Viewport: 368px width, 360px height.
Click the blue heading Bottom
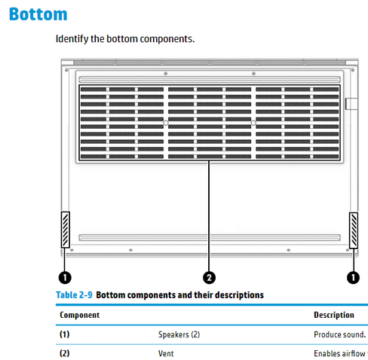click(x=38, y=14)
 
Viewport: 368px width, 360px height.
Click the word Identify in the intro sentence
click(x=72, y=39)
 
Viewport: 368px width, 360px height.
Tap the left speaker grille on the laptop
click(x=66, y=230)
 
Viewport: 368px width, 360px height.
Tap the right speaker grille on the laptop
click(x=354, y=230)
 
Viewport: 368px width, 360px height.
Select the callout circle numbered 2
click(x=209, y=278)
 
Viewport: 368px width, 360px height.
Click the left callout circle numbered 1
click(x=65, y=278)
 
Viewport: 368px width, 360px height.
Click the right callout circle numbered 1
click(x=353, y=278)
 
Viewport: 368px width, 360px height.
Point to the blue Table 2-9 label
click(x=74, y=295)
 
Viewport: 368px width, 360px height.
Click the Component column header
click(x=80, y=315)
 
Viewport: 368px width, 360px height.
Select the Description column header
click(x=334, y=315)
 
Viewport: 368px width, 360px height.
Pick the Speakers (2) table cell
click(x=179, y=334)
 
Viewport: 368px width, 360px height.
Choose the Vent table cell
click(x=166, y=353)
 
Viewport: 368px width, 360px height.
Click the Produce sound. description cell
click(x=340, y=334)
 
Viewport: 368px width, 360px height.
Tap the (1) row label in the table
click(x=65, y=334)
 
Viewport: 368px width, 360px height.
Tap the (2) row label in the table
click(x=65, y=353)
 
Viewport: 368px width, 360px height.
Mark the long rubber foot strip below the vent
click(x=210, y=237)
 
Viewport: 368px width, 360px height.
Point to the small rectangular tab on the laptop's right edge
click(x=351, y=104)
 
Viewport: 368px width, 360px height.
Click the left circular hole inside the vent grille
click(x=166, y=123)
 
